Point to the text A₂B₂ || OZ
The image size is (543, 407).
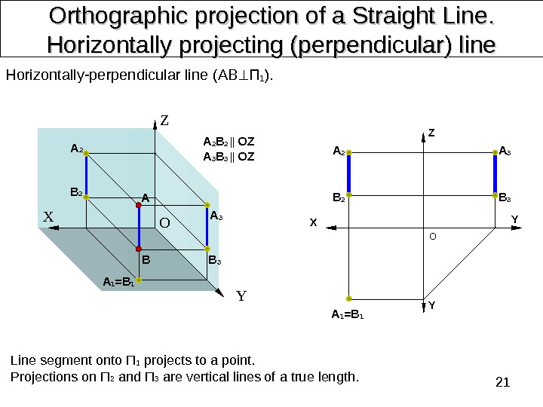[x=229, y=142]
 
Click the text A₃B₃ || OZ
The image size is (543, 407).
[x=229, y=157]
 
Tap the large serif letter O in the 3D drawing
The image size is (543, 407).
[x=163, y=224]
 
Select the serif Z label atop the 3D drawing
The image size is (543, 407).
[x=164, y=121]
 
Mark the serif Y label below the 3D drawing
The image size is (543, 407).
[x=241, y=295]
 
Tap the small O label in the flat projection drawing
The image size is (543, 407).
[x=432, y=236]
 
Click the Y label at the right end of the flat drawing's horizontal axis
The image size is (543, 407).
[x=515, y=220]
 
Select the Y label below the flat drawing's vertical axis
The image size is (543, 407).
[x=431, y=306]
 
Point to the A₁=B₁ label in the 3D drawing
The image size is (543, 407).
[x=118, y=283]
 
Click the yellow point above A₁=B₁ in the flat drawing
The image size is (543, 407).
[x=350, y=298]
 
